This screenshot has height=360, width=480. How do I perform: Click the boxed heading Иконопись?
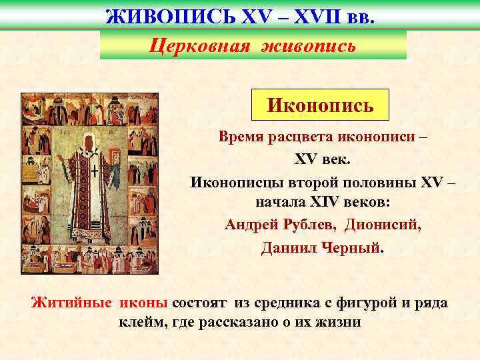[320, 105]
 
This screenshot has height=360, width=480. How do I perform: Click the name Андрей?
[251, 223]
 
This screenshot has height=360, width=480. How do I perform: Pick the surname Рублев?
[309, 223]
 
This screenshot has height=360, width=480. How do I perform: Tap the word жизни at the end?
[339, 323]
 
